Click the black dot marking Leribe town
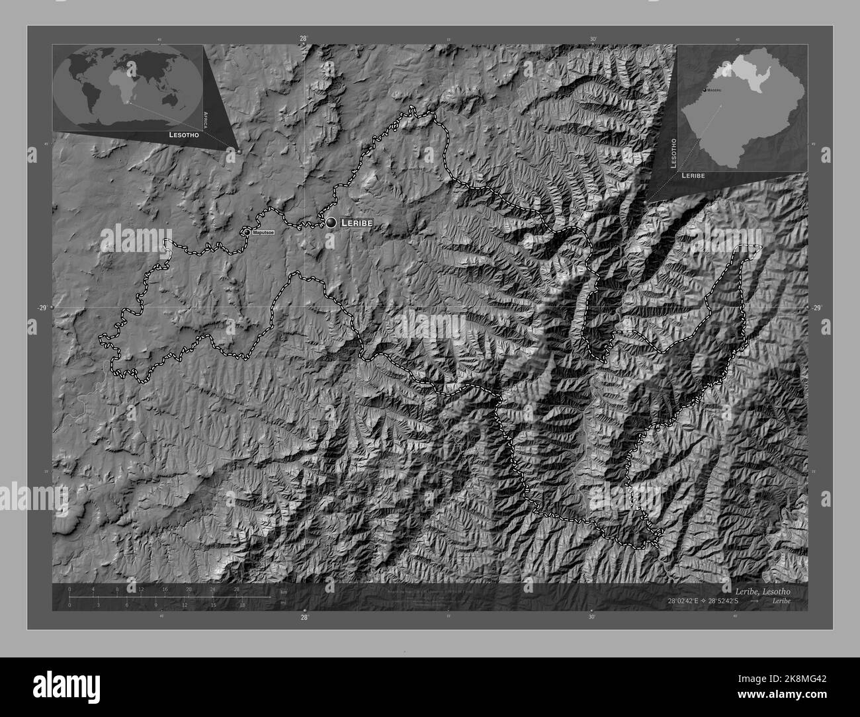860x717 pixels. (331, 223)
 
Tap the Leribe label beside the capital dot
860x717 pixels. (357, 224)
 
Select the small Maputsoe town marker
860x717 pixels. (247, 233)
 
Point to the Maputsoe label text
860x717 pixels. (263, 233)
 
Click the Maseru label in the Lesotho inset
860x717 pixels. (713, 89)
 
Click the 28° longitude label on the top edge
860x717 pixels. (304, 39)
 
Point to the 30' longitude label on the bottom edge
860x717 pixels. (591, 616)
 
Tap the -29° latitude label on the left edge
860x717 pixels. (42, 308)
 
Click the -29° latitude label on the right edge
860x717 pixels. (817, 308)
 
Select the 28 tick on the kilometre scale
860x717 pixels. (236, 589)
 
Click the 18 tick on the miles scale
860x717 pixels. (243, 605)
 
